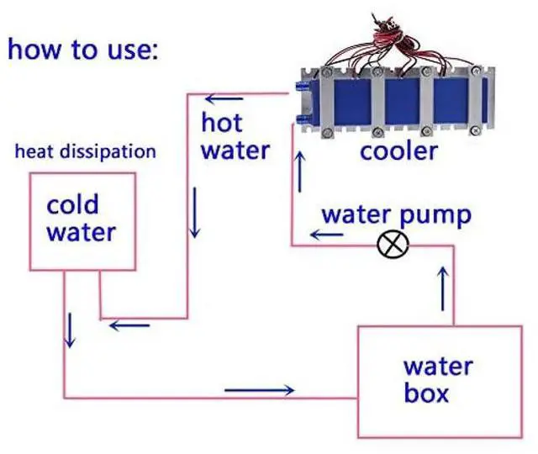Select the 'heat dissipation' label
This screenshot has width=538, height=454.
[x=86, y=152]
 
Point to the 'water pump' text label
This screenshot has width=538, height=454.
[x=397, y=214]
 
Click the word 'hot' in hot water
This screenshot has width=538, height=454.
[x=221, y=123]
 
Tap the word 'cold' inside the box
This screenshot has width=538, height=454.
[x=72, y=204]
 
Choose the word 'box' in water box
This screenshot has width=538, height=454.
[x=425, y=393]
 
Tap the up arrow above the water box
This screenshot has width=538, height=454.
[x=444, y=285]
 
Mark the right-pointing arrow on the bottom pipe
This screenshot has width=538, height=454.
[x=260, y=390]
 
